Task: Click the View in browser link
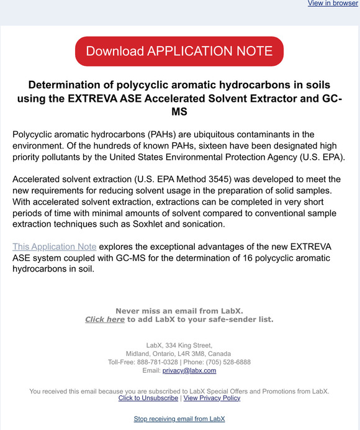pyautogui.click(x=333, y=4)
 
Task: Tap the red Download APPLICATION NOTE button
pyautogui.click(x=179, y=51)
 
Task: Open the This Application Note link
pyautogui.click(x=54, y=247)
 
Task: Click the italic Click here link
pyautogui.click(x=105, y=319)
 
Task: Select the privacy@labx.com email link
pyautogui.click(x=189, y=370)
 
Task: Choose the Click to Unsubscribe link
pyautogui.click(x=148, y=398)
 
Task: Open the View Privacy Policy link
pyautogui.click(x=212, y=398)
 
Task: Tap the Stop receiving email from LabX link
pyautogui.click(x=179, y=419)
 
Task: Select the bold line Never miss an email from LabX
pyautogui.click(x=179, y=311)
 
